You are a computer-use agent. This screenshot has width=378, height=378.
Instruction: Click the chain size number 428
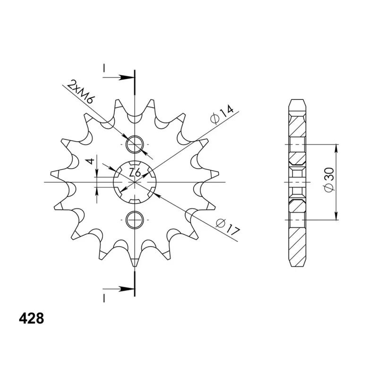click(31, 318)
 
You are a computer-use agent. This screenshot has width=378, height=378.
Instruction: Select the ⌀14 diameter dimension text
click(222, 114)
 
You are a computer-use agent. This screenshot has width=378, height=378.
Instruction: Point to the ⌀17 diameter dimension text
click(228, 227)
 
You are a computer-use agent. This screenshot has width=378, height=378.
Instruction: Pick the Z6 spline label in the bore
click(135, 173)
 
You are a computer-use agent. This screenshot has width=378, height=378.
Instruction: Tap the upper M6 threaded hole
click(135, 145)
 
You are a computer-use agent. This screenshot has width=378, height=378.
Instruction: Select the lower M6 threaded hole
click(135, 220)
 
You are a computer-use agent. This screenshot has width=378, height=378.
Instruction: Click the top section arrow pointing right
click(119, 77)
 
